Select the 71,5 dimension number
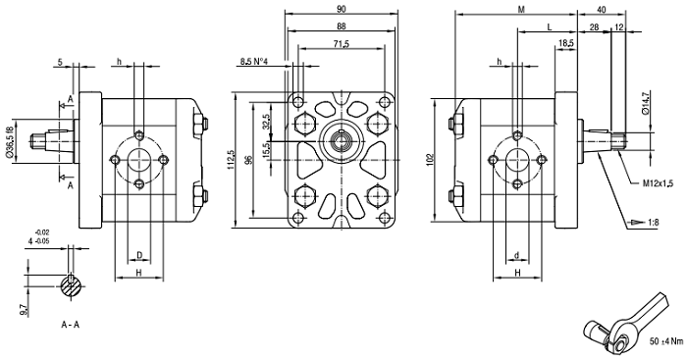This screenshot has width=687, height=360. pos(341,44)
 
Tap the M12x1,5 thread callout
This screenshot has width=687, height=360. pos(658,184)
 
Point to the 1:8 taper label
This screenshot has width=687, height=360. pos(653,223)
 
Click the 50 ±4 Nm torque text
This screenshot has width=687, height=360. pos(666,341)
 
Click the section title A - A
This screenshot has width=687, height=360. pos(71,325)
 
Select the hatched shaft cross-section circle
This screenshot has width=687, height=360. pos(71,286)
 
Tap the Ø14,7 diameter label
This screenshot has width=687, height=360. pos(646,102)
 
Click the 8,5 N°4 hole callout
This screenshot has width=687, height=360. pos(253,62)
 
